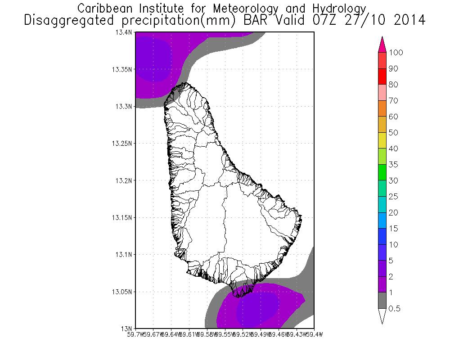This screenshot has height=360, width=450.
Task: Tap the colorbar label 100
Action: pyautogui.click(x=396, y=53)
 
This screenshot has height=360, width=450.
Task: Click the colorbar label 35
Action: pyautogui.click(x=394, y=165)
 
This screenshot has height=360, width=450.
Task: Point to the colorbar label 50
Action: pyautogui.click(x=394, y=133)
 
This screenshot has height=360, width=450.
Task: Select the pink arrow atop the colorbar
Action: pyautogui.click(x=382, y=44)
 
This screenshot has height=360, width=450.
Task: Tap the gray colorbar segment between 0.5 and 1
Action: pyautogui.click(x=382, y=301)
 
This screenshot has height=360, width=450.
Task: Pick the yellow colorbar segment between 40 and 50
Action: pyautogui.click(x=382, y=140)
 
